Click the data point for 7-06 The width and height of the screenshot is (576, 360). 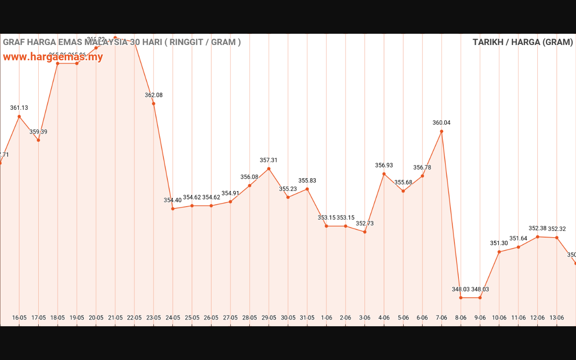click(441, 131)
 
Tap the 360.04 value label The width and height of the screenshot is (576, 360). click(441, 123)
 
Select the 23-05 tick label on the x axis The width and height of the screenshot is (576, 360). click(154, 318)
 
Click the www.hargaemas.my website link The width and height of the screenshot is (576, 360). click(53, 57)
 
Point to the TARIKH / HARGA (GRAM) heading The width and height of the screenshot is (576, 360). click(522, 42)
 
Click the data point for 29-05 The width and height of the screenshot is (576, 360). click(269, 169)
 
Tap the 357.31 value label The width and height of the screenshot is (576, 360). click(269, 160)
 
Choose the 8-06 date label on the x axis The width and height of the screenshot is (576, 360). click(461, 318)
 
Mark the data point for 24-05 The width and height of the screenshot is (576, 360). click(173, 209)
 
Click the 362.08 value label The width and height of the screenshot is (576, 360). click(154, 95)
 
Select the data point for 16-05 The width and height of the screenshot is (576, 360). click(19, 117)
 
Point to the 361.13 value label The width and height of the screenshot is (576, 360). click(19, 108)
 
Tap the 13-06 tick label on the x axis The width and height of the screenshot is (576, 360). click(557, 318)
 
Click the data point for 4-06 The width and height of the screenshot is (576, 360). click(384, 174)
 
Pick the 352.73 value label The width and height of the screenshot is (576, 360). click(365, 224)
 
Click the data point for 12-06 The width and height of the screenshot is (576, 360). click(538, 237)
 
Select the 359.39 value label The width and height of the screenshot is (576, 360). click(39, 132)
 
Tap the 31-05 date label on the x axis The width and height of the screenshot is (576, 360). click(307, 318)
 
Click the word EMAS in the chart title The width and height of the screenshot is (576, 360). click(71, 42)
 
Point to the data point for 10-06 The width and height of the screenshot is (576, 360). click(499, 252)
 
